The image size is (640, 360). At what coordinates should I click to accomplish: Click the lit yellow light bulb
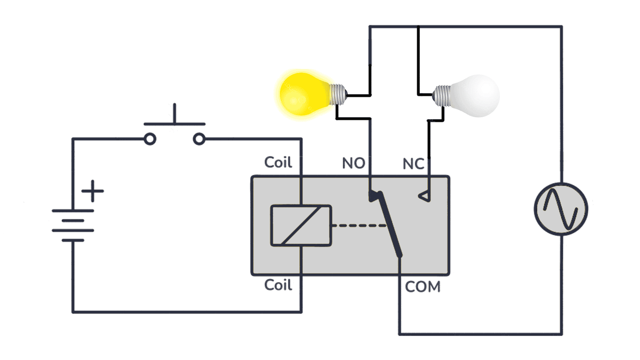[304, 94]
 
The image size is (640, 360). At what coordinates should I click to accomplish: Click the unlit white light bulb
[476, 96]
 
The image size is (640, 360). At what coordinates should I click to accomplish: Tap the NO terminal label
[353, 163]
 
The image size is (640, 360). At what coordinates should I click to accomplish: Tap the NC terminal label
[413, 164]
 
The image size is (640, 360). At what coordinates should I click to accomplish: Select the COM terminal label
[422, 287]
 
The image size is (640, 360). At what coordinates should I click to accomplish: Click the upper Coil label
[278, 162]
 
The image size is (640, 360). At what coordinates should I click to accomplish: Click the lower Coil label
[278, 285]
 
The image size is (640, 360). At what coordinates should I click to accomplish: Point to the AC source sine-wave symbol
[561, 209]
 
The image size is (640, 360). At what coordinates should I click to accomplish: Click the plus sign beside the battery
[93, 191]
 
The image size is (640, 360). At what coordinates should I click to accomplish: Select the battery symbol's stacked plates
[73, 226]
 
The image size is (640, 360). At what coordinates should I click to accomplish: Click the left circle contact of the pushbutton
[150, 139]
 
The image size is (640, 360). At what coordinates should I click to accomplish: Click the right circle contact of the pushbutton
[199, 139]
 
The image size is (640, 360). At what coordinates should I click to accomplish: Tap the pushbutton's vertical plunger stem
[174, 113]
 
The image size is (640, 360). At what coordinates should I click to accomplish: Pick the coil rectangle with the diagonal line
[301, 225]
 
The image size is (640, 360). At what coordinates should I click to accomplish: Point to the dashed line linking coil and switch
[358, 226]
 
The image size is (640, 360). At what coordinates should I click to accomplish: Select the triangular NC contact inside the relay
[424, 196]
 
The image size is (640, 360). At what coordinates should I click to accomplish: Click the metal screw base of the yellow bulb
[338, 94]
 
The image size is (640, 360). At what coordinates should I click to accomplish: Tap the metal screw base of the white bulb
[442, 96]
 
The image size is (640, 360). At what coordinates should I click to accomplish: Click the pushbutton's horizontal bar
[174, 124]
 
